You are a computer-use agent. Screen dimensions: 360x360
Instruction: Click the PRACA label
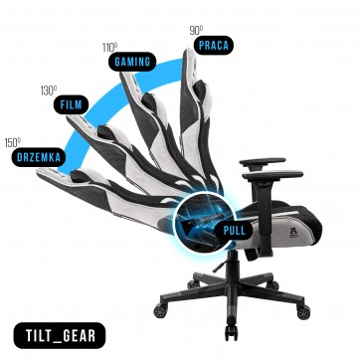(x=214, y=45)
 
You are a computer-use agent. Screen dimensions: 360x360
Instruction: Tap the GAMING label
(x=132, y=62)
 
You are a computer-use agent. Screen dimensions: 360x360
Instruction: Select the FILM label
(x=71, y=104)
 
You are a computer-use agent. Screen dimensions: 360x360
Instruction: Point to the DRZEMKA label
(x=39, y=157)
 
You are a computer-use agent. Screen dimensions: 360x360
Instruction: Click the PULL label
(x=234, y=230)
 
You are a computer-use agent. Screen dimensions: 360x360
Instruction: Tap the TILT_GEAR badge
(x=60, y=335)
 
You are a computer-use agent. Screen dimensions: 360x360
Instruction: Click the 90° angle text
(x=196, y=31)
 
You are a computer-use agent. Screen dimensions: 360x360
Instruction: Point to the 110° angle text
(x=109, y=48)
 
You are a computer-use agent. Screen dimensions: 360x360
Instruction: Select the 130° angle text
(x=49, y=90)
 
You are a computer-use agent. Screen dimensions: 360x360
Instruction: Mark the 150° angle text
(x=13, y=143)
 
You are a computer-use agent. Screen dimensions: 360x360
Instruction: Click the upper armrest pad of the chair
(x=263, y=162)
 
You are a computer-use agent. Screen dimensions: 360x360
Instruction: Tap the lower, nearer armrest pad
(x=272, y=175)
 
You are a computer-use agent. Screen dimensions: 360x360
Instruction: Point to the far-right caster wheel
(x=303, y=312)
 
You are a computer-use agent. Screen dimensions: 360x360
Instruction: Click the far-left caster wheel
(x=160, y=311)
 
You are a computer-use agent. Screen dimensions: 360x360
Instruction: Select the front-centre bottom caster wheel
(x=232, y=332)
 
